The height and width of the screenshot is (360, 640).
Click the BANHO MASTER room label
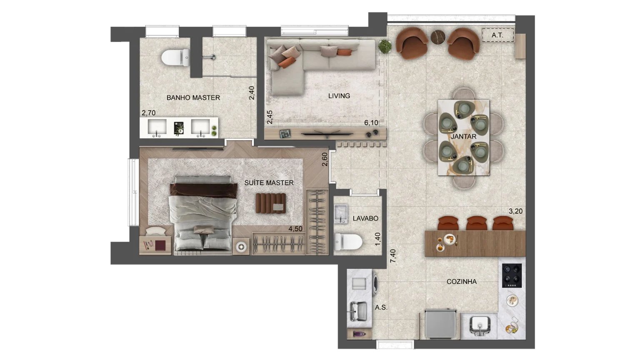click(193, 97)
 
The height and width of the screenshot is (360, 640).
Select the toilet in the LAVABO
click(348, 241)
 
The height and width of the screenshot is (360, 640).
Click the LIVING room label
click(339, 96)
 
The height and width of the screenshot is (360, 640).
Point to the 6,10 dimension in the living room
click(371, 122)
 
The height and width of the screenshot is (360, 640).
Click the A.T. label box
click(497, 35)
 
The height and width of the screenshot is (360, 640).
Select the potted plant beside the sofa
click(385, 46)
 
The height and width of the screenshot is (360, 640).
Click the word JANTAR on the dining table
click(463, 136)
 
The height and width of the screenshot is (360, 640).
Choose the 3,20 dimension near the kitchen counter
click(515, 211)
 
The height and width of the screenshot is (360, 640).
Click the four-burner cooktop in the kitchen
click(512, 275)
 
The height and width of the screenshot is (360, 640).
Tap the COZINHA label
click(461, 282)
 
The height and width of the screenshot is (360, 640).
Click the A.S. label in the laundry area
click(381, 307)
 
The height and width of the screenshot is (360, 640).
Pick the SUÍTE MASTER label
click(269, 183)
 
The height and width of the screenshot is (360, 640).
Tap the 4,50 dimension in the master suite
click(295, 229)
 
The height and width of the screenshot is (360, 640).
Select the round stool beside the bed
click(241, 247)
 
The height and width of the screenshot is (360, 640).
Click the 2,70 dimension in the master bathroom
click(148, 113)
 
